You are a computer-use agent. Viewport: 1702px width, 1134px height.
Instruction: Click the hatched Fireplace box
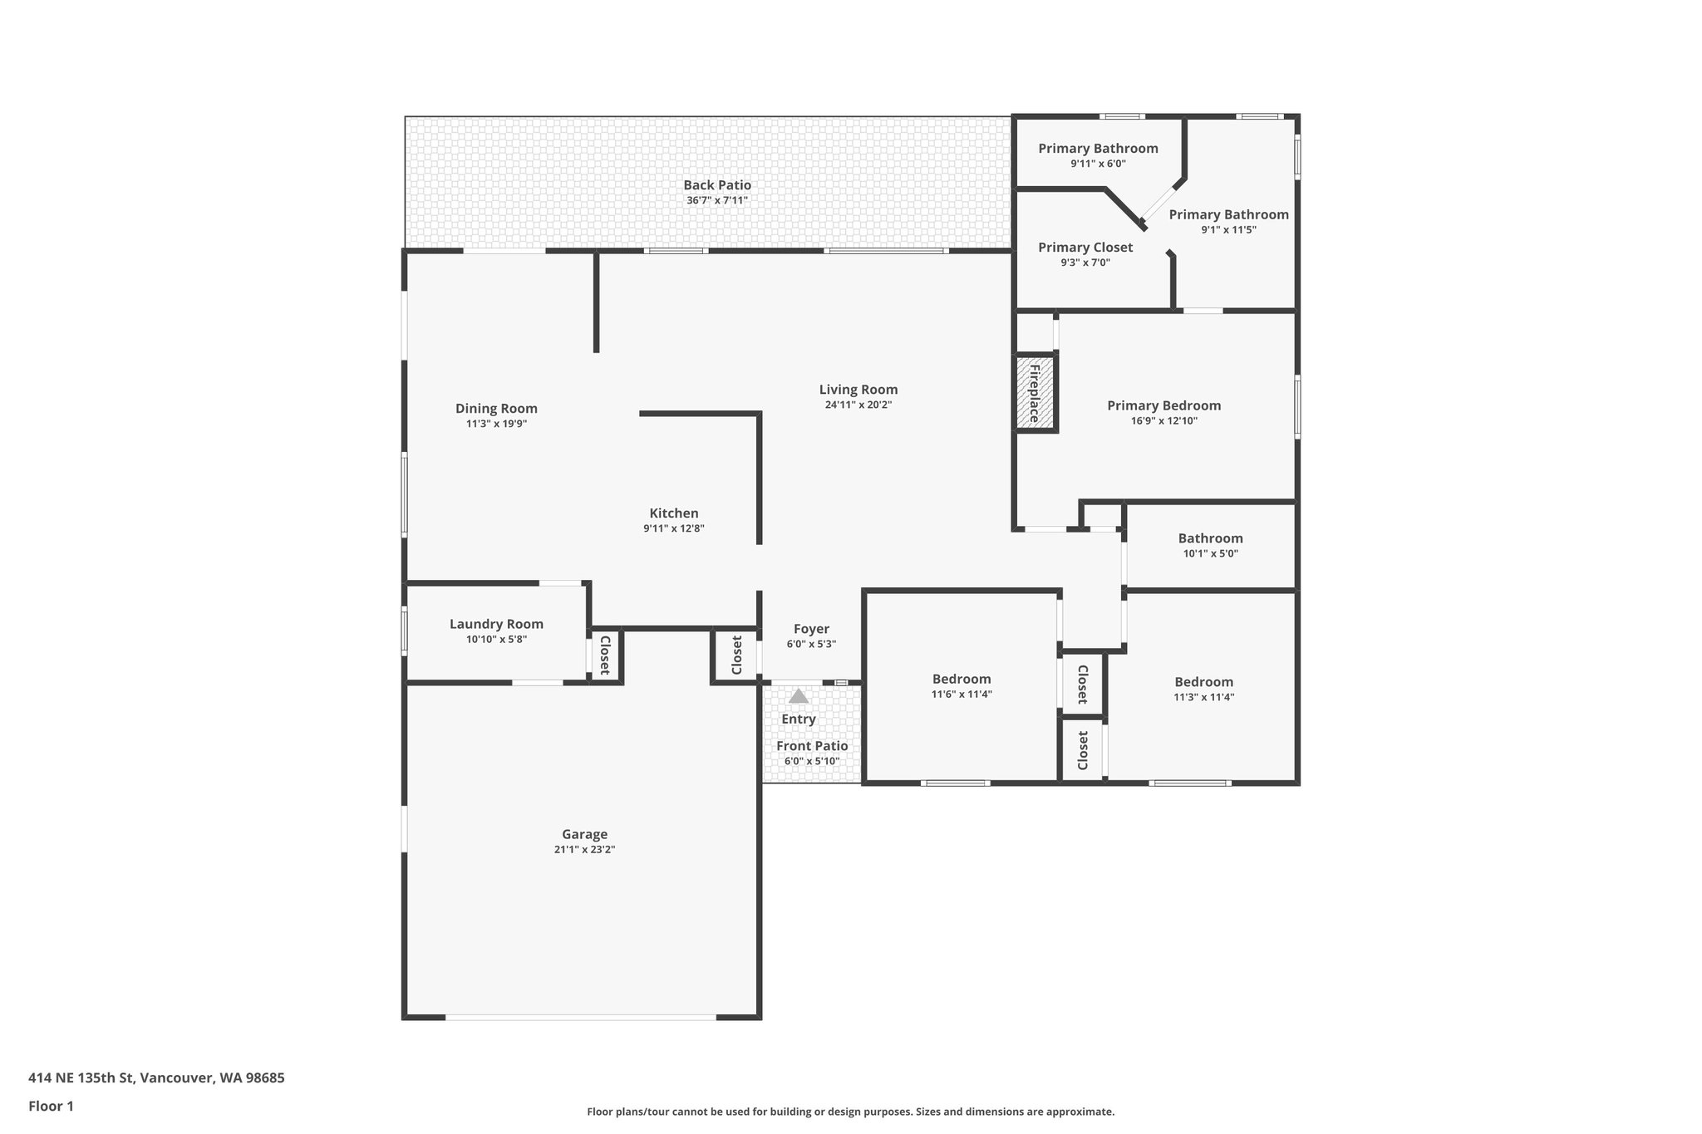coord(1035,393)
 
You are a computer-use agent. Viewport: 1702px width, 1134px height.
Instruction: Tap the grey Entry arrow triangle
coord(798,696)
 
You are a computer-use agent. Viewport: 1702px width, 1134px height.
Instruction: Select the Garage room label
coord(584,834)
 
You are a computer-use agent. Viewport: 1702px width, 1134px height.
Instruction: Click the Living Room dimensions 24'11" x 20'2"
coord(858,405)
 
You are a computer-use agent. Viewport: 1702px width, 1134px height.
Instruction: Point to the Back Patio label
coord(717,185)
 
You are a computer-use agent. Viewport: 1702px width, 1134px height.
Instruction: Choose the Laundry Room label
coord(496,624)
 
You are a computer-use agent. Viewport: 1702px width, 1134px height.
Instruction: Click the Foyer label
coord(811,629)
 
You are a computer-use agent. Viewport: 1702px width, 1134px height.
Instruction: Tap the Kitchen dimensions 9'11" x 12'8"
coord(673,528)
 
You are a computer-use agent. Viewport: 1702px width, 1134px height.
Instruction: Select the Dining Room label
coord(496,408)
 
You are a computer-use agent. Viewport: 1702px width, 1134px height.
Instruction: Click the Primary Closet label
coord(1085,248)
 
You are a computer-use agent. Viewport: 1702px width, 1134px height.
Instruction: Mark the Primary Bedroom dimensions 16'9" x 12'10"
coord(1163,420)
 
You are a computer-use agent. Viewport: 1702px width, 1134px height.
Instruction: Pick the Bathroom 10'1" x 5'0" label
coord(1210,538)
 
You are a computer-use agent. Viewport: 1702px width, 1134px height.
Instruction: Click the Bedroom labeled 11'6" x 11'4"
coord(962,679)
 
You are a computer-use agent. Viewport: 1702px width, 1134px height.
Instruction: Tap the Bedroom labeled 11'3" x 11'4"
coord(1203,682)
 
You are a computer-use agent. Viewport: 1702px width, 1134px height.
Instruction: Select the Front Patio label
coord(812,746)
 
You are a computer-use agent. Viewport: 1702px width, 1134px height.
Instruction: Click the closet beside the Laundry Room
coord(605,655)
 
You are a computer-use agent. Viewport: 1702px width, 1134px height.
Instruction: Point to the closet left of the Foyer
coord(736,655)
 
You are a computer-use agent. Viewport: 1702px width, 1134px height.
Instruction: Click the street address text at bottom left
coord(156,1078)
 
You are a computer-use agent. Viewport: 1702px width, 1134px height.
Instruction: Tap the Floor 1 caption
coord(51,1106)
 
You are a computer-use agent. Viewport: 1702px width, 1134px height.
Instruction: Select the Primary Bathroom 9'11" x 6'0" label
coord(1098,149)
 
